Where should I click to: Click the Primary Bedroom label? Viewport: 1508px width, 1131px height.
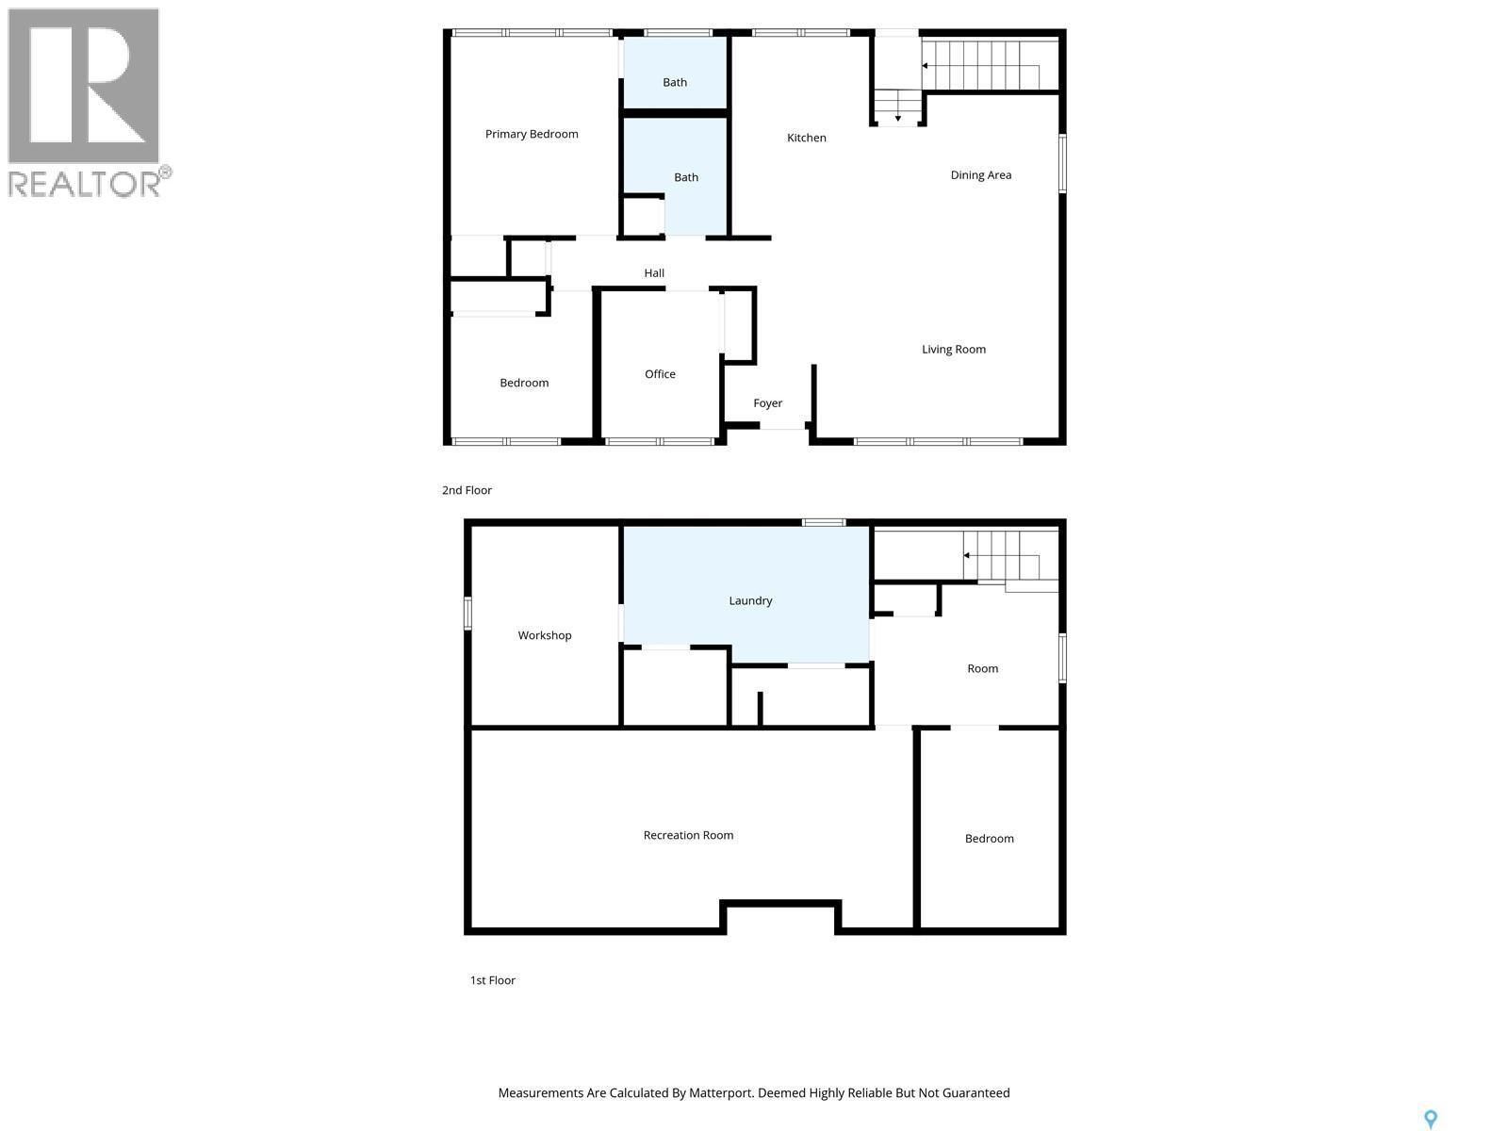532,134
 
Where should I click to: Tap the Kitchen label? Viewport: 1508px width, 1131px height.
807,138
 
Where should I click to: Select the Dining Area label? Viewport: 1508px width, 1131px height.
980,174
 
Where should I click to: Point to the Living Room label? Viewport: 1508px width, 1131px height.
953,349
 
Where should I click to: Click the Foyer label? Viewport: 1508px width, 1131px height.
767,402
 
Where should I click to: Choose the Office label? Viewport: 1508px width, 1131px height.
660,374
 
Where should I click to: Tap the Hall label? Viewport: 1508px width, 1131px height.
654,273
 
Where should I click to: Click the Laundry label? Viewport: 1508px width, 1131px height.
750,600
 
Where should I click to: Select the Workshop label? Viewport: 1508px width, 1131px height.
545,635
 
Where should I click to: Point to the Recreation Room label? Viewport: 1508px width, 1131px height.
688,835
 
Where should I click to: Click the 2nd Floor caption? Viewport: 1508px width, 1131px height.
467,490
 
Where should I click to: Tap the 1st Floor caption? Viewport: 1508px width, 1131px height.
492,980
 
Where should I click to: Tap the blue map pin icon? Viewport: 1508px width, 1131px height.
1430,1119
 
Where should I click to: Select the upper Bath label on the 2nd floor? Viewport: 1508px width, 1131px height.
675,82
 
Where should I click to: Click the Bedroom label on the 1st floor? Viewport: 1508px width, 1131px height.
989,839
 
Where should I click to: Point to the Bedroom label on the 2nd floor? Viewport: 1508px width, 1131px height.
524,383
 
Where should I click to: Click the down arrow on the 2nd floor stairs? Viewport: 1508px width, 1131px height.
897,117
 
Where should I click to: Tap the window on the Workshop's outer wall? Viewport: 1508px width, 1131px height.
467,613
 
